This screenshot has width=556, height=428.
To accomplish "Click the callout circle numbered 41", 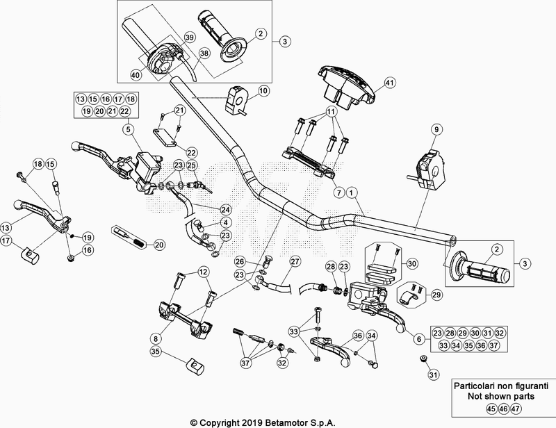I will (389, 83).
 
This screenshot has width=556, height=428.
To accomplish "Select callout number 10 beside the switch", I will (263, 91).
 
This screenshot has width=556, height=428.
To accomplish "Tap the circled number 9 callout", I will (437, 130).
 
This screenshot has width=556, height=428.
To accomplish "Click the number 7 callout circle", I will (338, 191).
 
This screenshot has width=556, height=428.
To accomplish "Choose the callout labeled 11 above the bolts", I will (332, 111).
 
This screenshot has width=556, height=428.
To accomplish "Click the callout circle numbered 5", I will (128, 129).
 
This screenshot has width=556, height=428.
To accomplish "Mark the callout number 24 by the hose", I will (224, 209).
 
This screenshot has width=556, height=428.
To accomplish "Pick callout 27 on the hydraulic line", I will (295, 261).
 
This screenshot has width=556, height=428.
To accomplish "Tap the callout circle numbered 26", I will (240, 261).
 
